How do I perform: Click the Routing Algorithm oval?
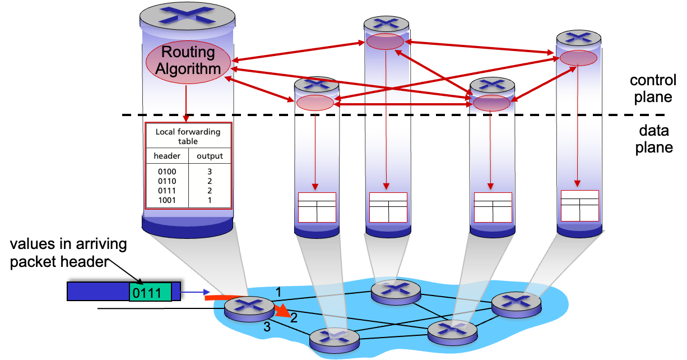188,61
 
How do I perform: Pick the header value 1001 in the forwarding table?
167,200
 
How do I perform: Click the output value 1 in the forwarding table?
210,200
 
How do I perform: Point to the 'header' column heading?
167,156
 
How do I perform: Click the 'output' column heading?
210,156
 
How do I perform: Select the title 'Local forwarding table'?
188,136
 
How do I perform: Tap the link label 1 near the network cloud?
278,291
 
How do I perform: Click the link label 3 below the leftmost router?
267,327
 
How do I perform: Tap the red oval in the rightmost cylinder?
578,58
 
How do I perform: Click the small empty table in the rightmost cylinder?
580,205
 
